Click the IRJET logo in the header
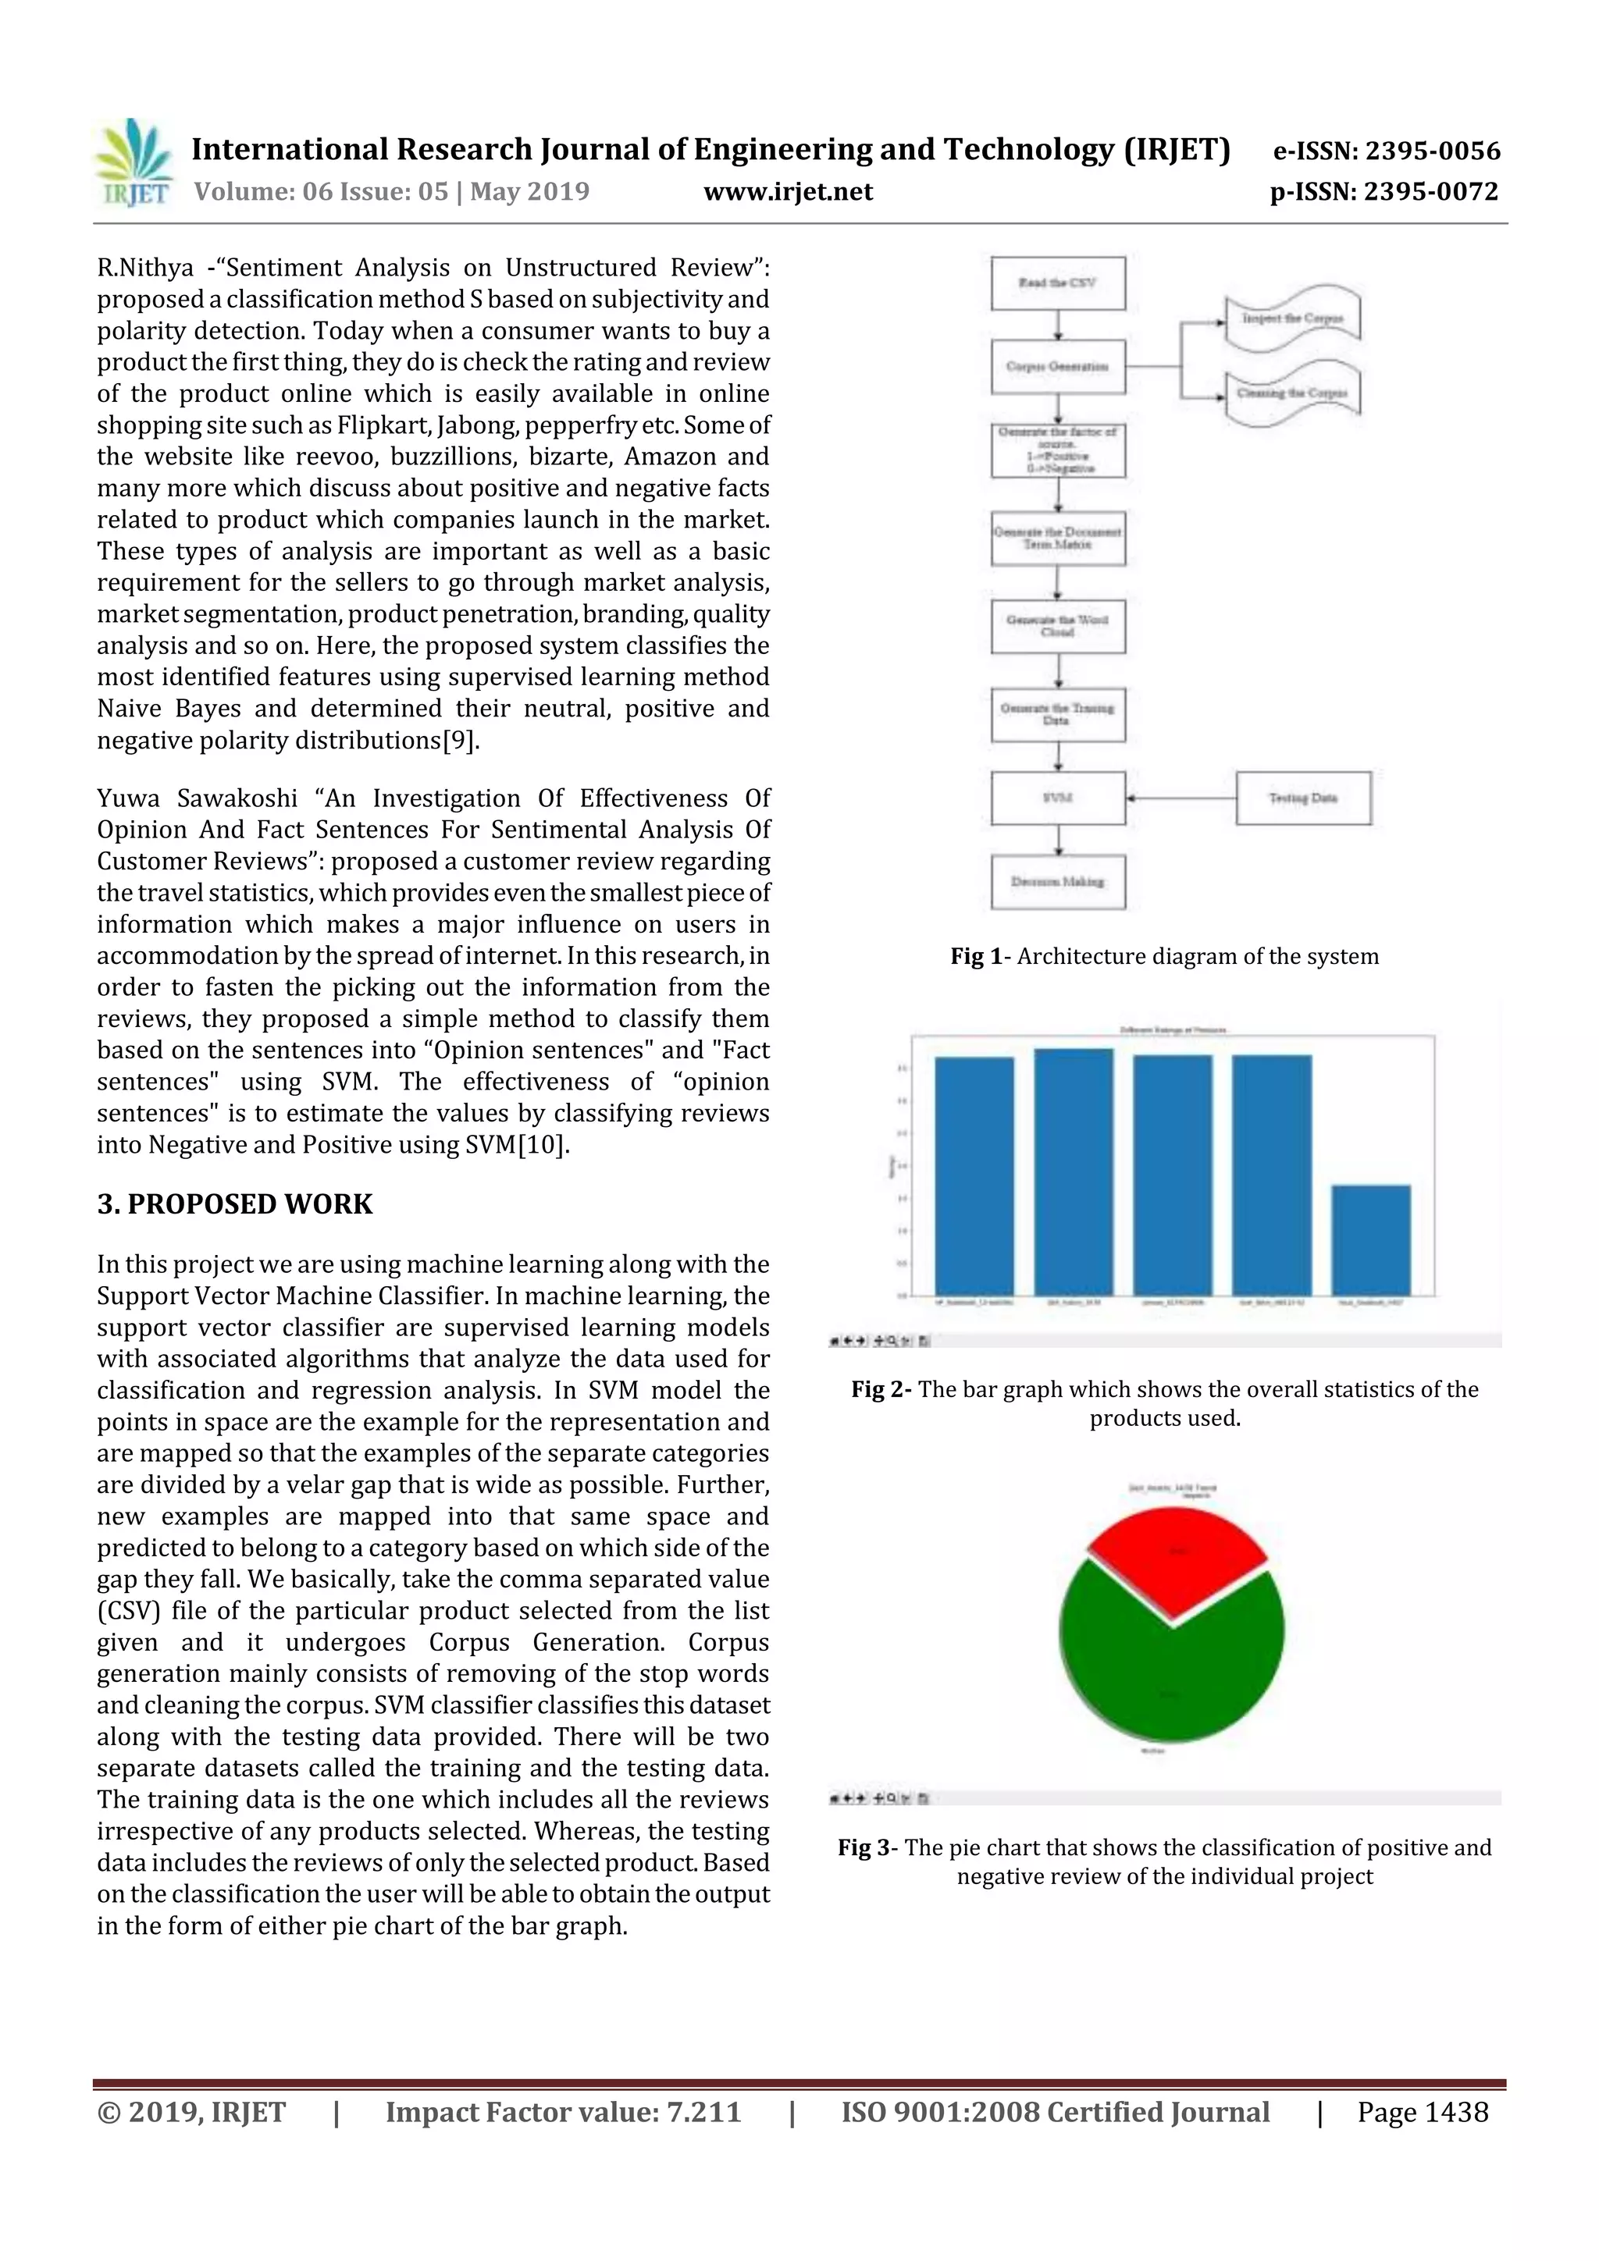click(x=132, y=162)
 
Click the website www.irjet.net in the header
click(x=787, y=191)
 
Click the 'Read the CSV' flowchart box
click(x=1057, y=283)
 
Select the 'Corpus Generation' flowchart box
click(x=1057, y=366)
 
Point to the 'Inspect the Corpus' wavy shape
click(x=1291, y=319)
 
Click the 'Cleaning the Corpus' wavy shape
click(x=1291, y=393)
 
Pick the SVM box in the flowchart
click(x=1057, y=798)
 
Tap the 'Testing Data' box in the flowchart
click(x=1302, y=798)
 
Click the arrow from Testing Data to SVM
click(x=1181, y=798)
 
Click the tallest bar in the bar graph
click(x=1073, y=1171)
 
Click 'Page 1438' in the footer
click(x=1422, y=2112)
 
